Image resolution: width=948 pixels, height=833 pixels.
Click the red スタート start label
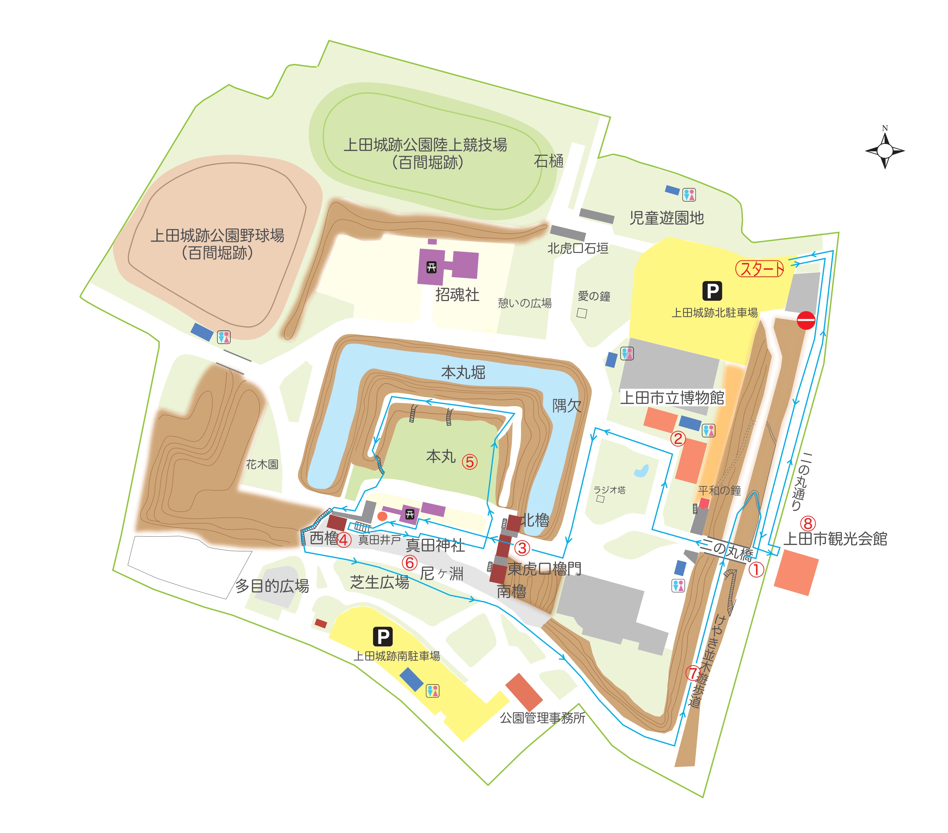coord(759,269)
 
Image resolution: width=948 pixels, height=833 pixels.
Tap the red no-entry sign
coord(806,320)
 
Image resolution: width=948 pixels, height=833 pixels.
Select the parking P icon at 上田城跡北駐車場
coord(712,291)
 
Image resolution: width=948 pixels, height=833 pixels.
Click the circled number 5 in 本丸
coord(469,462)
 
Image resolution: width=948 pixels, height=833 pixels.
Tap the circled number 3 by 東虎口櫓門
coord(522,548)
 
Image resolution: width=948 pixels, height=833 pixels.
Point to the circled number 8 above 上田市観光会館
coord(808,524)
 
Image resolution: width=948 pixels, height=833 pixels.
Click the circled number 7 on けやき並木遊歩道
coord(693,673)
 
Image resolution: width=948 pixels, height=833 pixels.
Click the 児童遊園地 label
coord(666,218)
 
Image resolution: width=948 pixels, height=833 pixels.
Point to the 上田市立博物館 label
coord(672,397)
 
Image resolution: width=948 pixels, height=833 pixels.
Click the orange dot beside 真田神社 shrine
coord(382,516)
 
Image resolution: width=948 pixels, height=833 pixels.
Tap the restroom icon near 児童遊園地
coord(689,195)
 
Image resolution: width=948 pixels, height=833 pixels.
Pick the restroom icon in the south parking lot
coord(432,691)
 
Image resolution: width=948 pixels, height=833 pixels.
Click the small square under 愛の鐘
coord(582,313)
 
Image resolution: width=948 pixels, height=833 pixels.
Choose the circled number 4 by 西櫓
coord(344,540)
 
